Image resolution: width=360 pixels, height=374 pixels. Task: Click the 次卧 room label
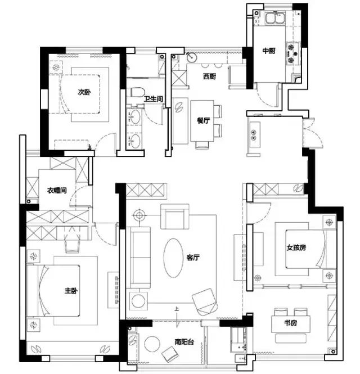point(84,92)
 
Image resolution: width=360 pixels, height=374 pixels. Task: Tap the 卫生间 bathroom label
point(154,98)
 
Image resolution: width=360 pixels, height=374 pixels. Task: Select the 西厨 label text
point(210,76)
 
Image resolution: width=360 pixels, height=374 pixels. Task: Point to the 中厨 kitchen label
point(269,51)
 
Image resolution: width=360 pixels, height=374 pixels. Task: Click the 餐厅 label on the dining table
point(203,120)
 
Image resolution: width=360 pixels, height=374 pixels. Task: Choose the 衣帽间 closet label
point(57,190)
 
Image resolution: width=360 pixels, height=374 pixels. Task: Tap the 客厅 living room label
point(193,258)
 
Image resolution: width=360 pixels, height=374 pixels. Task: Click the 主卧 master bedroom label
point(71,291)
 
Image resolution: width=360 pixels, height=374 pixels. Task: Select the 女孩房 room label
point(296,247)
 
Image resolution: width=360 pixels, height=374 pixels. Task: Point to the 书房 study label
point(291,323)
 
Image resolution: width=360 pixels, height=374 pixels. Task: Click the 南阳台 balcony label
point(184,342)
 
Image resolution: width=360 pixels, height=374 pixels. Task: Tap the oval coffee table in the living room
point(173,258)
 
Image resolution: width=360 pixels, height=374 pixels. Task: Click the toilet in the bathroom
point(136,92)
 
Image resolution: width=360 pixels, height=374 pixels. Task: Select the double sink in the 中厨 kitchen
point(275,19)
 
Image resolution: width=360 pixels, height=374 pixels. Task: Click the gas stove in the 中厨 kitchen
point(293,53)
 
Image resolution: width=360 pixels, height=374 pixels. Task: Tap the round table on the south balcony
point(152,344)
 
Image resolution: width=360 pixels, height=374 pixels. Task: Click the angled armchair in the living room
point(205,302)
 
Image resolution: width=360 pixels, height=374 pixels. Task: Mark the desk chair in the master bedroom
point(72,247)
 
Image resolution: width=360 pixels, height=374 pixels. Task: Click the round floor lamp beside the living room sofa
point(139,215)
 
